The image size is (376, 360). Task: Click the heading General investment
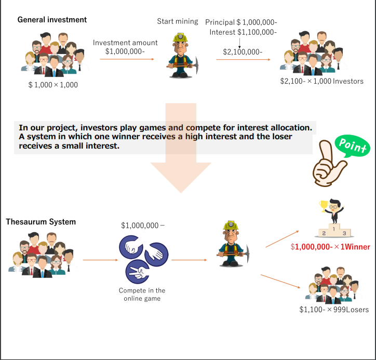pyautogui.click(x=52, y=20)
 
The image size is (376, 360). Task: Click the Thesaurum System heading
pyautogui.click(x=41, y=222)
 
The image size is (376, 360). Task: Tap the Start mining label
pyautogui.click(x=178, y=21)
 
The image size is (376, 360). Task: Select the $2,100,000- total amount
pyautogui.click(x=243, y=52)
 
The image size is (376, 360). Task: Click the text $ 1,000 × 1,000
pyautogui.click(x=53, y=85)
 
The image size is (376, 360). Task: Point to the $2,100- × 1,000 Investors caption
pyautogui.click(x=322, y=82)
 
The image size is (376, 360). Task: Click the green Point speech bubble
pyautogui.click(x=352, y=145)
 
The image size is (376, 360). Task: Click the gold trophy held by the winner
pyautogui.click(x=324, y=206)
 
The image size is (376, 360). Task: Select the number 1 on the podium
pyautogui.click(x=334, y=229)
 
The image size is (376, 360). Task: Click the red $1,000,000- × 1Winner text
pyautogui.click(x=330, y=247)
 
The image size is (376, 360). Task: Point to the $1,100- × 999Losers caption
pyautogui.click(x=334, y=310)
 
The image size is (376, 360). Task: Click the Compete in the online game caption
pyautogui.click(x=142, y=294)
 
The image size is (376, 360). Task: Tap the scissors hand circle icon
pyautogui.click(x=138, y=272)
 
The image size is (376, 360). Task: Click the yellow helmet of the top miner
pyautogui.click(x=180, y=37)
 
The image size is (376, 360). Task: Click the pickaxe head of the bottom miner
pyautogui.click(x=247, y=254)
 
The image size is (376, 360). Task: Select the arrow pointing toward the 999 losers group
pyautogui.click(x=280, y=281)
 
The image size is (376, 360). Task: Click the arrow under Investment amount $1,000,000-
pyautogui.click(x=127, y=59)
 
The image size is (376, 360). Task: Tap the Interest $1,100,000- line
pyautogui.click(x=243, y=32)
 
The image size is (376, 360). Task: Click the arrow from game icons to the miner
pyautogui.click(x=189, y=260)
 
